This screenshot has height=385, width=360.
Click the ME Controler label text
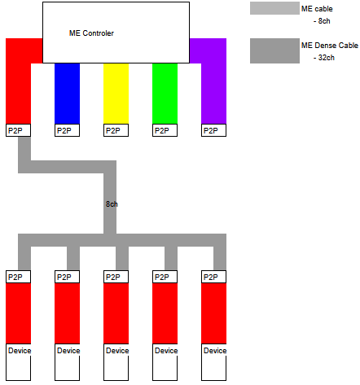click(91, 33)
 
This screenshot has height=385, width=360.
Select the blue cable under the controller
click(67, 94)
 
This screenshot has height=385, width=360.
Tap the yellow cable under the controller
click(116, 94)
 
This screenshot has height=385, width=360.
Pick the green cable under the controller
click(165, 94)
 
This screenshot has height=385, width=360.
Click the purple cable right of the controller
click(213, 81)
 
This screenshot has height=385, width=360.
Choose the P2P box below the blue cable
click(67, 130)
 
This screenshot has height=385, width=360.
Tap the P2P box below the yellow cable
click(116, 130)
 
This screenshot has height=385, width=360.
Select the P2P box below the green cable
click(165, 130)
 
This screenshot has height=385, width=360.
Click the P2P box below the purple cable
click(213, 130)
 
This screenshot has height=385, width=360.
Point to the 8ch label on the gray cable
click(112, 204)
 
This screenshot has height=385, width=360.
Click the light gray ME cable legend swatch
click(274, 8)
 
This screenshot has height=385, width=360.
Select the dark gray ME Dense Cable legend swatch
click(274, 50)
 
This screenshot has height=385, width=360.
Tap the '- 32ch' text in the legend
click(324, 58)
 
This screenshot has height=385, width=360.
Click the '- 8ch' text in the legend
click(322, 21)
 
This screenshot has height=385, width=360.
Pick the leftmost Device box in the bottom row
click(18, 362)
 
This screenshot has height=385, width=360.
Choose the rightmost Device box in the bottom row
click(213, 362)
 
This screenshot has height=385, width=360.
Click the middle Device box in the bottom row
click(116, 362)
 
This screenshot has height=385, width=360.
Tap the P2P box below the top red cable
click(18, 130)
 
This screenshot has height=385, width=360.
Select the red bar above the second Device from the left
click(67, 313)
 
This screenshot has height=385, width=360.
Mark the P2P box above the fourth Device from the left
click(165, 277)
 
